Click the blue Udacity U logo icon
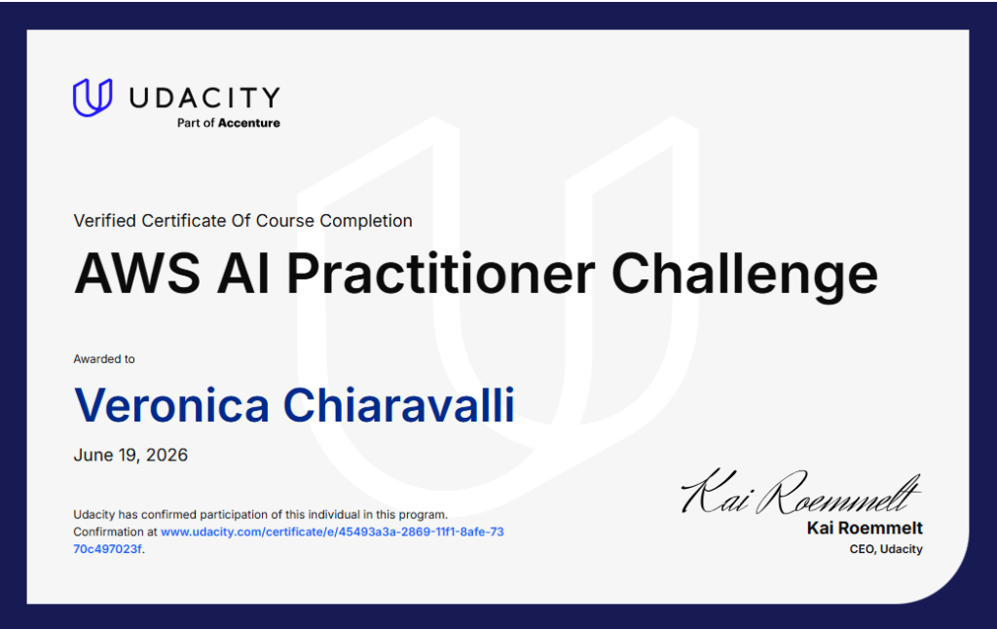(x=92, y=97)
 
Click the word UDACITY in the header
(x=204, y=98)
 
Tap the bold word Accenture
(x=249, y=123)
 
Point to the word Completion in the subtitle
(x=366, y=221)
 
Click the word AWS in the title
(x=137, y=274)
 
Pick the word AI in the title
(x=242, y=274)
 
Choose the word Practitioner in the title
(x=441, y=274)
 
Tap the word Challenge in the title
(x=745, y=275)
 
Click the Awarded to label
(x=104, y=359)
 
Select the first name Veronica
(x=171, y=405)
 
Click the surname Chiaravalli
(x=398, y=404)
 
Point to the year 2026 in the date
(x=166, y=456)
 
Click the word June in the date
(x=93, y=456)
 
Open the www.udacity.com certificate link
(x=332, y=532)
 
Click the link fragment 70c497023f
(x=107, y=549)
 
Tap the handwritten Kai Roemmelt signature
(x=800, y=493)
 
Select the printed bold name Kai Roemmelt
(x=865, y=528)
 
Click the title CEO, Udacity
(x=886, y=549)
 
